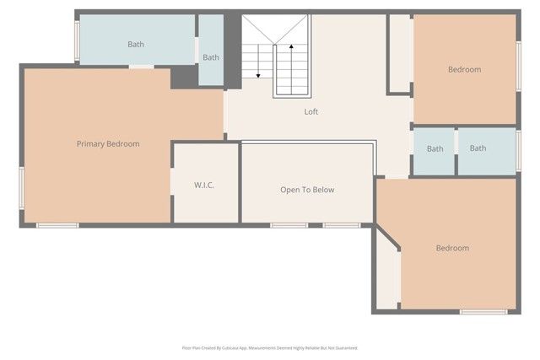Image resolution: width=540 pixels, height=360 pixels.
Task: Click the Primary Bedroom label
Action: [108, 144]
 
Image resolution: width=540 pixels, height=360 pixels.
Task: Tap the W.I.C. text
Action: [203, 185]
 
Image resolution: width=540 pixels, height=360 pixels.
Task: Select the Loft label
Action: [311, 111]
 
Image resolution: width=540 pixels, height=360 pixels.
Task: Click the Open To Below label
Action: [307, 190]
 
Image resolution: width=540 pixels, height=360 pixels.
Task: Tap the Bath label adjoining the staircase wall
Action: [211, 57]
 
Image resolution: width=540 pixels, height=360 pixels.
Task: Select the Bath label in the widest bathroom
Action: [136, 44]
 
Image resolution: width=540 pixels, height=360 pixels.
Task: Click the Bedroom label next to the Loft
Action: [464, 69]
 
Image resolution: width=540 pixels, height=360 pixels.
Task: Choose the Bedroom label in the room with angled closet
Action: [452, 248]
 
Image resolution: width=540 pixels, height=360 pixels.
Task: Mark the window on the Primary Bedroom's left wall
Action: [22, 186]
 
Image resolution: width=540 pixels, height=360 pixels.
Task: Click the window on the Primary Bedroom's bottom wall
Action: [57, 225]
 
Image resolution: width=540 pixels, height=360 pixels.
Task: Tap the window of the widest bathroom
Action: [77, 40]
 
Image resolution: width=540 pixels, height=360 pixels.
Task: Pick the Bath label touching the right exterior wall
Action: [478, 148]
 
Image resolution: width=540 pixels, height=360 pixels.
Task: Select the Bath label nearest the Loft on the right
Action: [435, 149]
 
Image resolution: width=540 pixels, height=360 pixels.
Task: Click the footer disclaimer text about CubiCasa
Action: [270, 347]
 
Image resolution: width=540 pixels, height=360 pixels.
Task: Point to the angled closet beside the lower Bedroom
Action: [386, 274]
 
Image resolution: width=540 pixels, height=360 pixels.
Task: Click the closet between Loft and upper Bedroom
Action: [400, 53]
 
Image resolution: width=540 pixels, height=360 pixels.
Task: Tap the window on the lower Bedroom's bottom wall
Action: [483, 312]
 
